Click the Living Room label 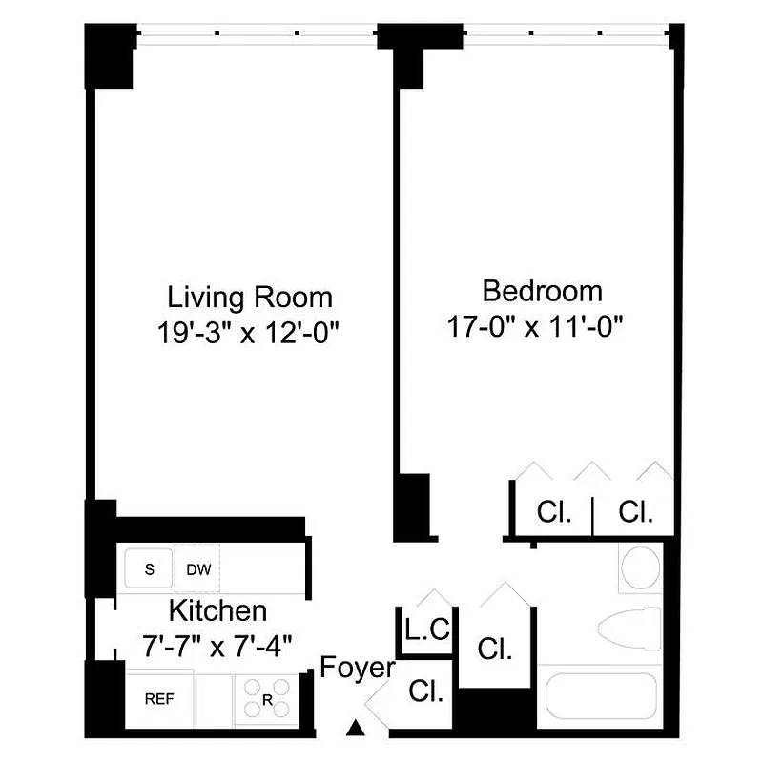tap(250, 297)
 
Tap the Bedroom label tap(542, 290)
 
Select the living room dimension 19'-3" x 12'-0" tap(250, 333)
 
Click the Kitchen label tap(218, 610)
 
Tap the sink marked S tap(149, 570)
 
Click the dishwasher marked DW tap(198, 570)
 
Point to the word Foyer tap(358, 668)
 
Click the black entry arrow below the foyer tap(356, 730)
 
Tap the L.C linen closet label tap(426, 630)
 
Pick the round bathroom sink tap(640, 567)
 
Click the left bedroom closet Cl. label tap(554, 512)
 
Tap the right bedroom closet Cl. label tap(635, 512)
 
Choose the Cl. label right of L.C tap(495, 650)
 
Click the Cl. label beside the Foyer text tap(426, 691)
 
